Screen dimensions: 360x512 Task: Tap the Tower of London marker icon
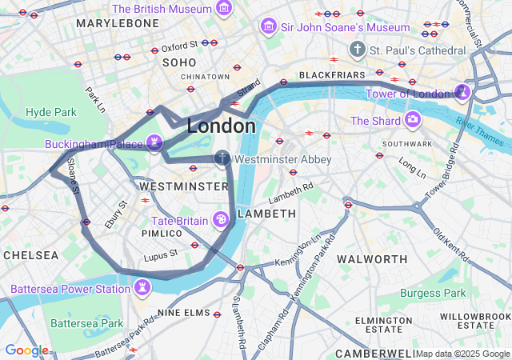[462, 94]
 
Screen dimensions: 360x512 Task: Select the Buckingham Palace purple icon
[154, 143]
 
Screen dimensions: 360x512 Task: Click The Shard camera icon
[413, 121]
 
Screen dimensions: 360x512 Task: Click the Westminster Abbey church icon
[222, 159]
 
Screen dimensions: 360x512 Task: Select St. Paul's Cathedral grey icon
[357, 50]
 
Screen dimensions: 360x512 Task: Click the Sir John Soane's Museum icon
[268, 27]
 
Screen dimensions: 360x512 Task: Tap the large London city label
[222, 126]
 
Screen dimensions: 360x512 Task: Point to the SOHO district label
[179, 62]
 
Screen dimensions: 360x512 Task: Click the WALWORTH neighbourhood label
[372, 259]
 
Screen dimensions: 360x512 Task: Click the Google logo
[26, 350]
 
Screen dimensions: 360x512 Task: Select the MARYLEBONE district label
[118, 23]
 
